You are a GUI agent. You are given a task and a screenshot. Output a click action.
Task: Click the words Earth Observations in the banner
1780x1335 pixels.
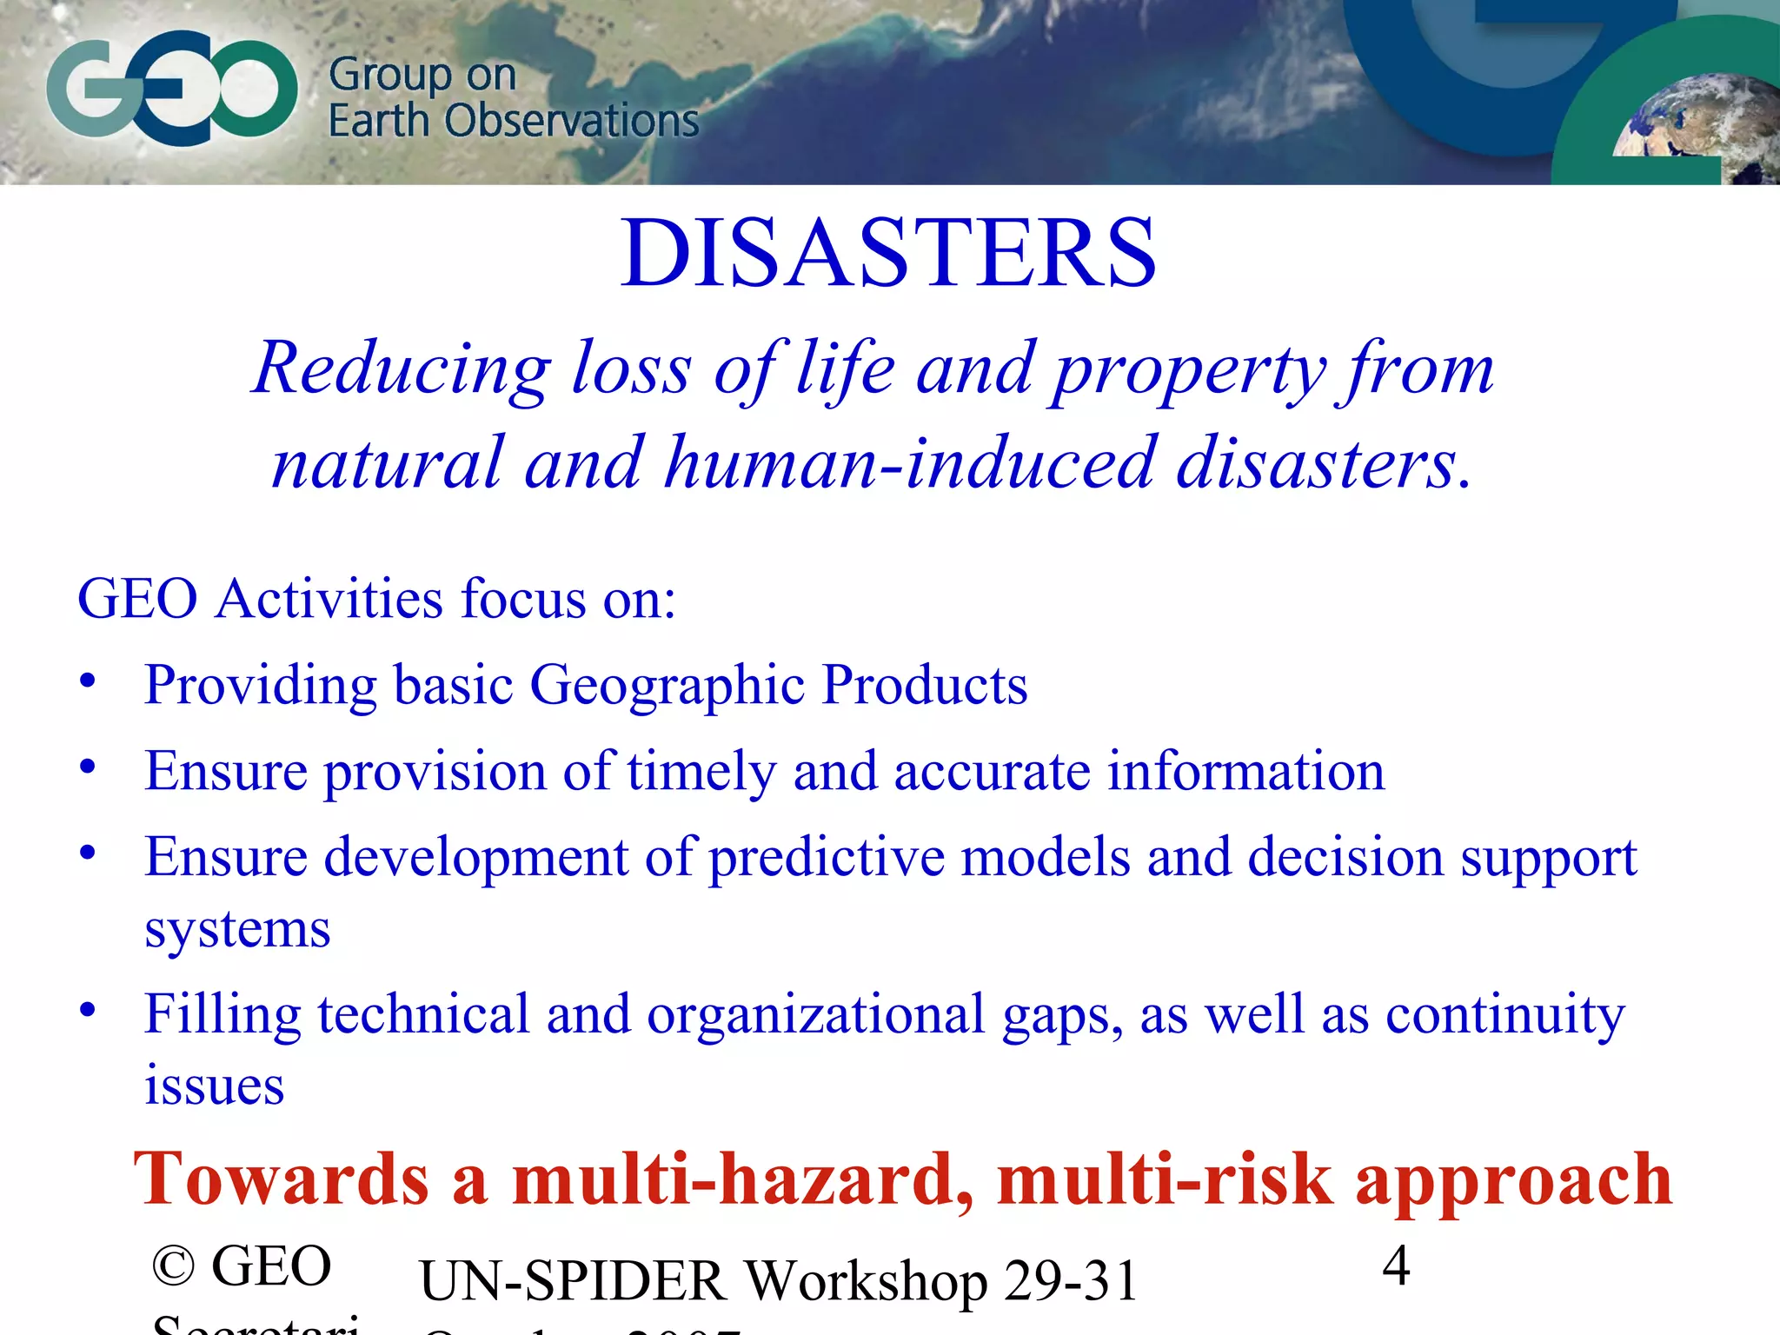(x=513, y=121)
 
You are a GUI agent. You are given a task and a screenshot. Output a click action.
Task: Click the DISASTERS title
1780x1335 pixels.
(x=888, y=253)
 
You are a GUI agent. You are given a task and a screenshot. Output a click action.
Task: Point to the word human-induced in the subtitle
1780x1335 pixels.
(x=909, y=463)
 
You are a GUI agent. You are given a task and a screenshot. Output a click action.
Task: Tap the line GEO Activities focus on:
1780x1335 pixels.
(x=376, y=599)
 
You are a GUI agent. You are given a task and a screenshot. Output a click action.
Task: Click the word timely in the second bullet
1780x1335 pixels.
(x=701, y=772)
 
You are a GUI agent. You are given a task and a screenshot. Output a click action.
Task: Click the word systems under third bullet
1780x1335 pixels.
(x=237, y=930)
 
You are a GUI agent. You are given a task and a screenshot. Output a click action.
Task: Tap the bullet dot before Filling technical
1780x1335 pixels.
(x=87, y=1011)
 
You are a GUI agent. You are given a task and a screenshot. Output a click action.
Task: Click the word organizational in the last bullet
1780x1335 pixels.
(x=815, y=1014)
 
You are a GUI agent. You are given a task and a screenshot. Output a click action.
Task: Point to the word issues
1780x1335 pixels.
(x=214, y=1086)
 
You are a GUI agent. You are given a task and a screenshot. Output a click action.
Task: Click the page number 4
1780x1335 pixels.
(x=1396, y=1265)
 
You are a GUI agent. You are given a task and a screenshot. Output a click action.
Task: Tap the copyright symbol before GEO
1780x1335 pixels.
(x=173, y=1266)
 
